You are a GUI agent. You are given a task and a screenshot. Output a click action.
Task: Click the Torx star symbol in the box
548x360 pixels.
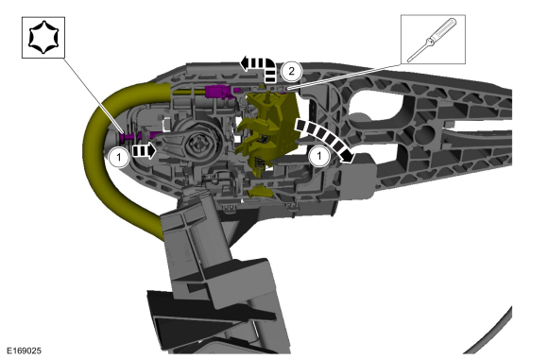coord(43,37)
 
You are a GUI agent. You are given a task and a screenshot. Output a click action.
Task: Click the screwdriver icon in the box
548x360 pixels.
coord(433,40)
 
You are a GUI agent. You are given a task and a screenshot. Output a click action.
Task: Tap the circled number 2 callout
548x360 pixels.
coord(291,71)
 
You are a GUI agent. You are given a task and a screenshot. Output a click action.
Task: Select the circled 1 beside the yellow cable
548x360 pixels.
coord(119,157)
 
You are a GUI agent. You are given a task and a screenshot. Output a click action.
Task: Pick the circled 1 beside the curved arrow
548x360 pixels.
coord(318,155)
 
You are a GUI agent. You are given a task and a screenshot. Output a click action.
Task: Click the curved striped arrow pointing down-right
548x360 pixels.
coord(327,137)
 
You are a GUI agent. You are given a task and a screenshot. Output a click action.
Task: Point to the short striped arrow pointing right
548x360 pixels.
coord(144,150)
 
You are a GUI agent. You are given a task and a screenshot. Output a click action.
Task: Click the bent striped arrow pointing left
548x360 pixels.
coord(261,66)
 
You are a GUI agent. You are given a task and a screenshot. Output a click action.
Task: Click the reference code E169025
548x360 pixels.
coord(25,351)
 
